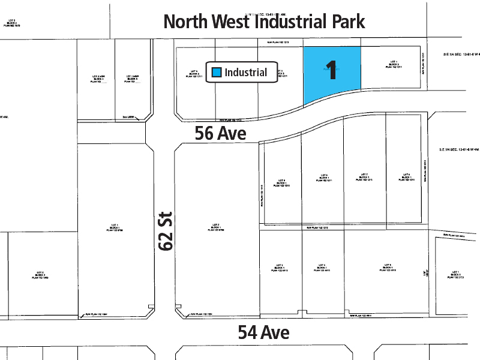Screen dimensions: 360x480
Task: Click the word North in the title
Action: (x=187, y=22)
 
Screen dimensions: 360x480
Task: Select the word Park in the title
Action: (x=343, y=22)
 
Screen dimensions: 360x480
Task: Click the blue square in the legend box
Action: (x=217, y=72)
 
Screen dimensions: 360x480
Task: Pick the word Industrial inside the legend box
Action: (x=246, y=72)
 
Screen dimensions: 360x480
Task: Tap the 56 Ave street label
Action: (x=221, y=133)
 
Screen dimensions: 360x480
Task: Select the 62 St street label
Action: (x=166, y=230)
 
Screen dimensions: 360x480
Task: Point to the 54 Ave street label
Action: (x=263, y=332)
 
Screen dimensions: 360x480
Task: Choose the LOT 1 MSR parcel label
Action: (x=133, y=79)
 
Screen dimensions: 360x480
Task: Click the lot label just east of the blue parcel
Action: (x=394, y=64)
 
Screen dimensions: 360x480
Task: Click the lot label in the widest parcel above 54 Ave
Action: (x=386, y=268)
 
